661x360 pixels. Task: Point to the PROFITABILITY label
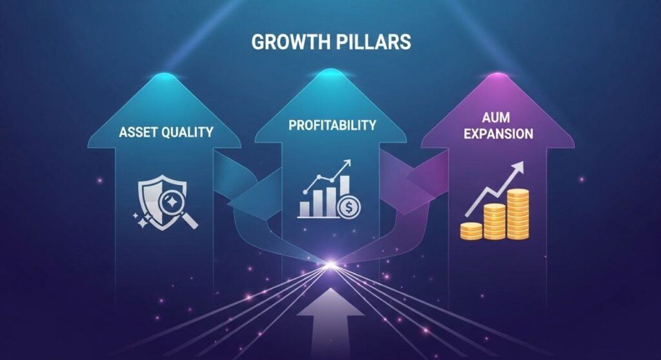point(331,125)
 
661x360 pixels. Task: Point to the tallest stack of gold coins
point(517,214)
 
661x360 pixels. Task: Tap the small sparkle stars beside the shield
point(139,219)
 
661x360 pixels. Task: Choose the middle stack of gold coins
point(494,221)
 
